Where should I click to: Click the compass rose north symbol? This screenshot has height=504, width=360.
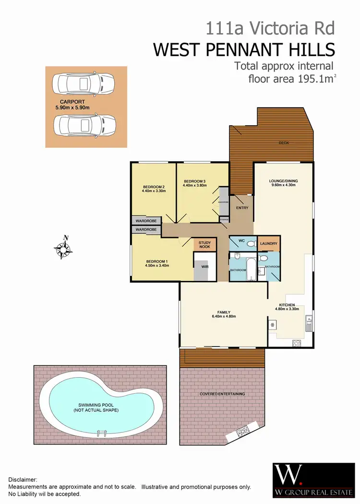63,247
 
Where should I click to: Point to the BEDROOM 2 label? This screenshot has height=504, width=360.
154,187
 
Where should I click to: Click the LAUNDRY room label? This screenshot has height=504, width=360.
269,244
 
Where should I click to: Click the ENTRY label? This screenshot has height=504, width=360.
242,207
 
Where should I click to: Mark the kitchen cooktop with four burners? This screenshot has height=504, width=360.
297,343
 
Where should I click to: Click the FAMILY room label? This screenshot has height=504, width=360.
224,312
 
